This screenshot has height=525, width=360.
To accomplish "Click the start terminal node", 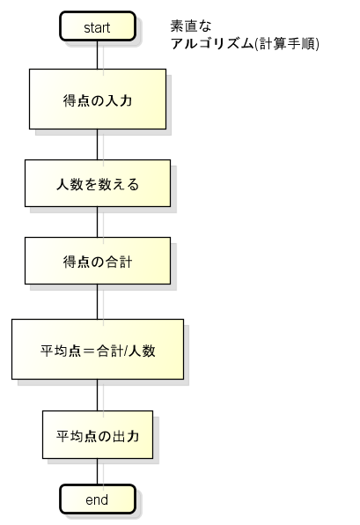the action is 98,26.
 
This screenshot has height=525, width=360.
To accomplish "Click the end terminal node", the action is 98,499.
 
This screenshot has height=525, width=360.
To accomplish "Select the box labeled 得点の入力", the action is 98,100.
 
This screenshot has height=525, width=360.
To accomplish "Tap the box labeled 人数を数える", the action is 98,183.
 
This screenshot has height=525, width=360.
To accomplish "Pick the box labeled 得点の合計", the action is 98,261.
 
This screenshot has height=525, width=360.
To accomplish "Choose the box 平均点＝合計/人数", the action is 98,349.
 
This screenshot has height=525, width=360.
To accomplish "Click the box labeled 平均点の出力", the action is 98,434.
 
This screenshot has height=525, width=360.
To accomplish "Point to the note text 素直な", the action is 191,26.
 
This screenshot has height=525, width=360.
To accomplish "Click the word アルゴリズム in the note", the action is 212,43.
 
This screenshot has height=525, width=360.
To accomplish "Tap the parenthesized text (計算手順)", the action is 287,43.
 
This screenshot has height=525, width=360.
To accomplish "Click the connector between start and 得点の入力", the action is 98,55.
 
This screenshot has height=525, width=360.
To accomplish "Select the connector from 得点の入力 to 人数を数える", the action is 98,144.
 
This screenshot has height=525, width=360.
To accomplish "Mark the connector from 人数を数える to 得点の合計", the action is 98,222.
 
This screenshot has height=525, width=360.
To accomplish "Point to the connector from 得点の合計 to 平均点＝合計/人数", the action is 98,301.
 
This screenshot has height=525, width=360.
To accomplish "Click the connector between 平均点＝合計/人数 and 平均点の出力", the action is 98,396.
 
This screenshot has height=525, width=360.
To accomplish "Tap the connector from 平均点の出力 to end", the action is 98,471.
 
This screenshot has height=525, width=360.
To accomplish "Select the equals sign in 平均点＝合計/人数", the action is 88,351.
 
